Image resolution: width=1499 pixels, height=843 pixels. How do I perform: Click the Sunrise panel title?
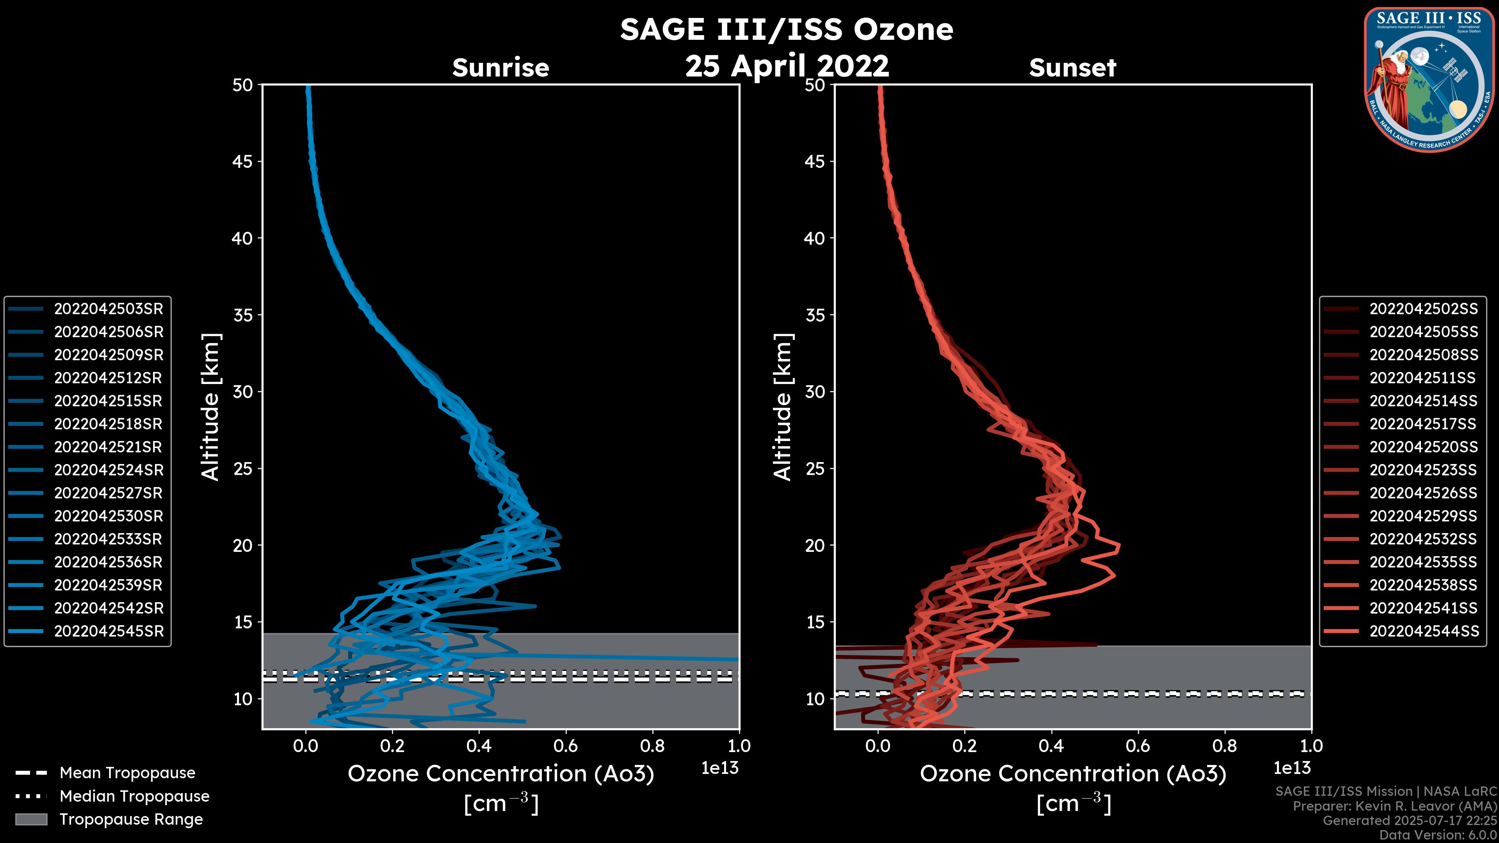tap(500, 68)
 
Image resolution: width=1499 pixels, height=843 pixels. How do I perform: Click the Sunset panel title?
tap(1072, 68)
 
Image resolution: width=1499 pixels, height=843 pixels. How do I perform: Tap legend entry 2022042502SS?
tap(1423, 309)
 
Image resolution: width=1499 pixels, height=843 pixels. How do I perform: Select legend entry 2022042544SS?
tap(1423, 631)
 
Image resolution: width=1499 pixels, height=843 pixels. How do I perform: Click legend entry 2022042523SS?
tap(1423, 470)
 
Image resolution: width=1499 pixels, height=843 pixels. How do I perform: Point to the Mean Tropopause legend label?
tap(127, 773)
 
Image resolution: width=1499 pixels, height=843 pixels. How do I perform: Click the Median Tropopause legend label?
tap(134, 797)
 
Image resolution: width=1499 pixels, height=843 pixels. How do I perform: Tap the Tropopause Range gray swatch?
tap(31, 820)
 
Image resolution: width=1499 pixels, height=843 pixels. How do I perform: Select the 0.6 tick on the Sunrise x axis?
tap(566, 746)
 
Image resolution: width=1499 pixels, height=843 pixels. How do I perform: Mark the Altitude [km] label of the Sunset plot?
tap(783, 407)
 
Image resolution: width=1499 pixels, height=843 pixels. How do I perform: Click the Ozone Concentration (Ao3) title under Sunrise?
tap(500, 774)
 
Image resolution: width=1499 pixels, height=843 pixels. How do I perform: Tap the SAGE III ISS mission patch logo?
tap(1429, 80)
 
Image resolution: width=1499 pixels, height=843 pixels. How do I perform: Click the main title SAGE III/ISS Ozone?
tap(786, 29)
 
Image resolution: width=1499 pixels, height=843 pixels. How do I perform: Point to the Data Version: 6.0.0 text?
tap(1438, 836)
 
